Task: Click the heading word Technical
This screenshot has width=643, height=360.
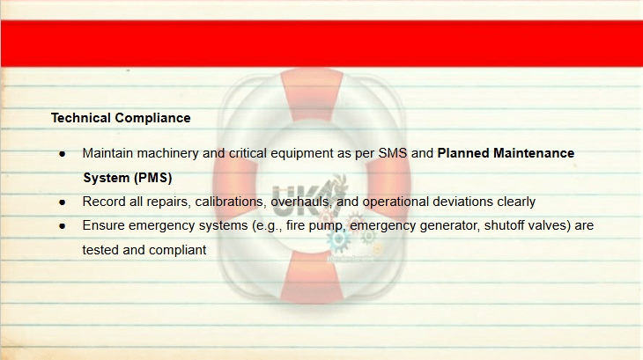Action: pyautogui.click(x=81, y=118)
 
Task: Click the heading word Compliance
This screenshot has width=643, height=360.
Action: pyautogui.click(x=152, y=118)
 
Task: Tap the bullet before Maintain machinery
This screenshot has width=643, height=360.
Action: pyautogui.click(x=63, y=154)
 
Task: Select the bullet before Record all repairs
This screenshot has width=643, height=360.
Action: pyautogui.click(x=63, y=202)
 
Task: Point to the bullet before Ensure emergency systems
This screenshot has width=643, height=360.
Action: pyautogui.click(x=63, y=226)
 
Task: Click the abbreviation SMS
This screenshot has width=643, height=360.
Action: pyautogui.click(x=393, y=153)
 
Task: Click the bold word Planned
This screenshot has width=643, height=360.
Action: pyautogui.click(x=463, y=153)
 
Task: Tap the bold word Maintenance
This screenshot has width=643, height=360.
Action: pyautogui.click(x=534, y=153)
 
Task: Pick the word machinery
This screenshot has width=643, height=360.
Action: pyautogui.click(x=167, y=153)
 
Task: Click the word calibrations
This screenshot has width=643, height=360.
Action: pyautogui.click(x=229, y=202)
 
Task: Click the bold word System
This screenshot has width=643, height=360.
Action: pyautogui.click(x=107, y=178)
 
